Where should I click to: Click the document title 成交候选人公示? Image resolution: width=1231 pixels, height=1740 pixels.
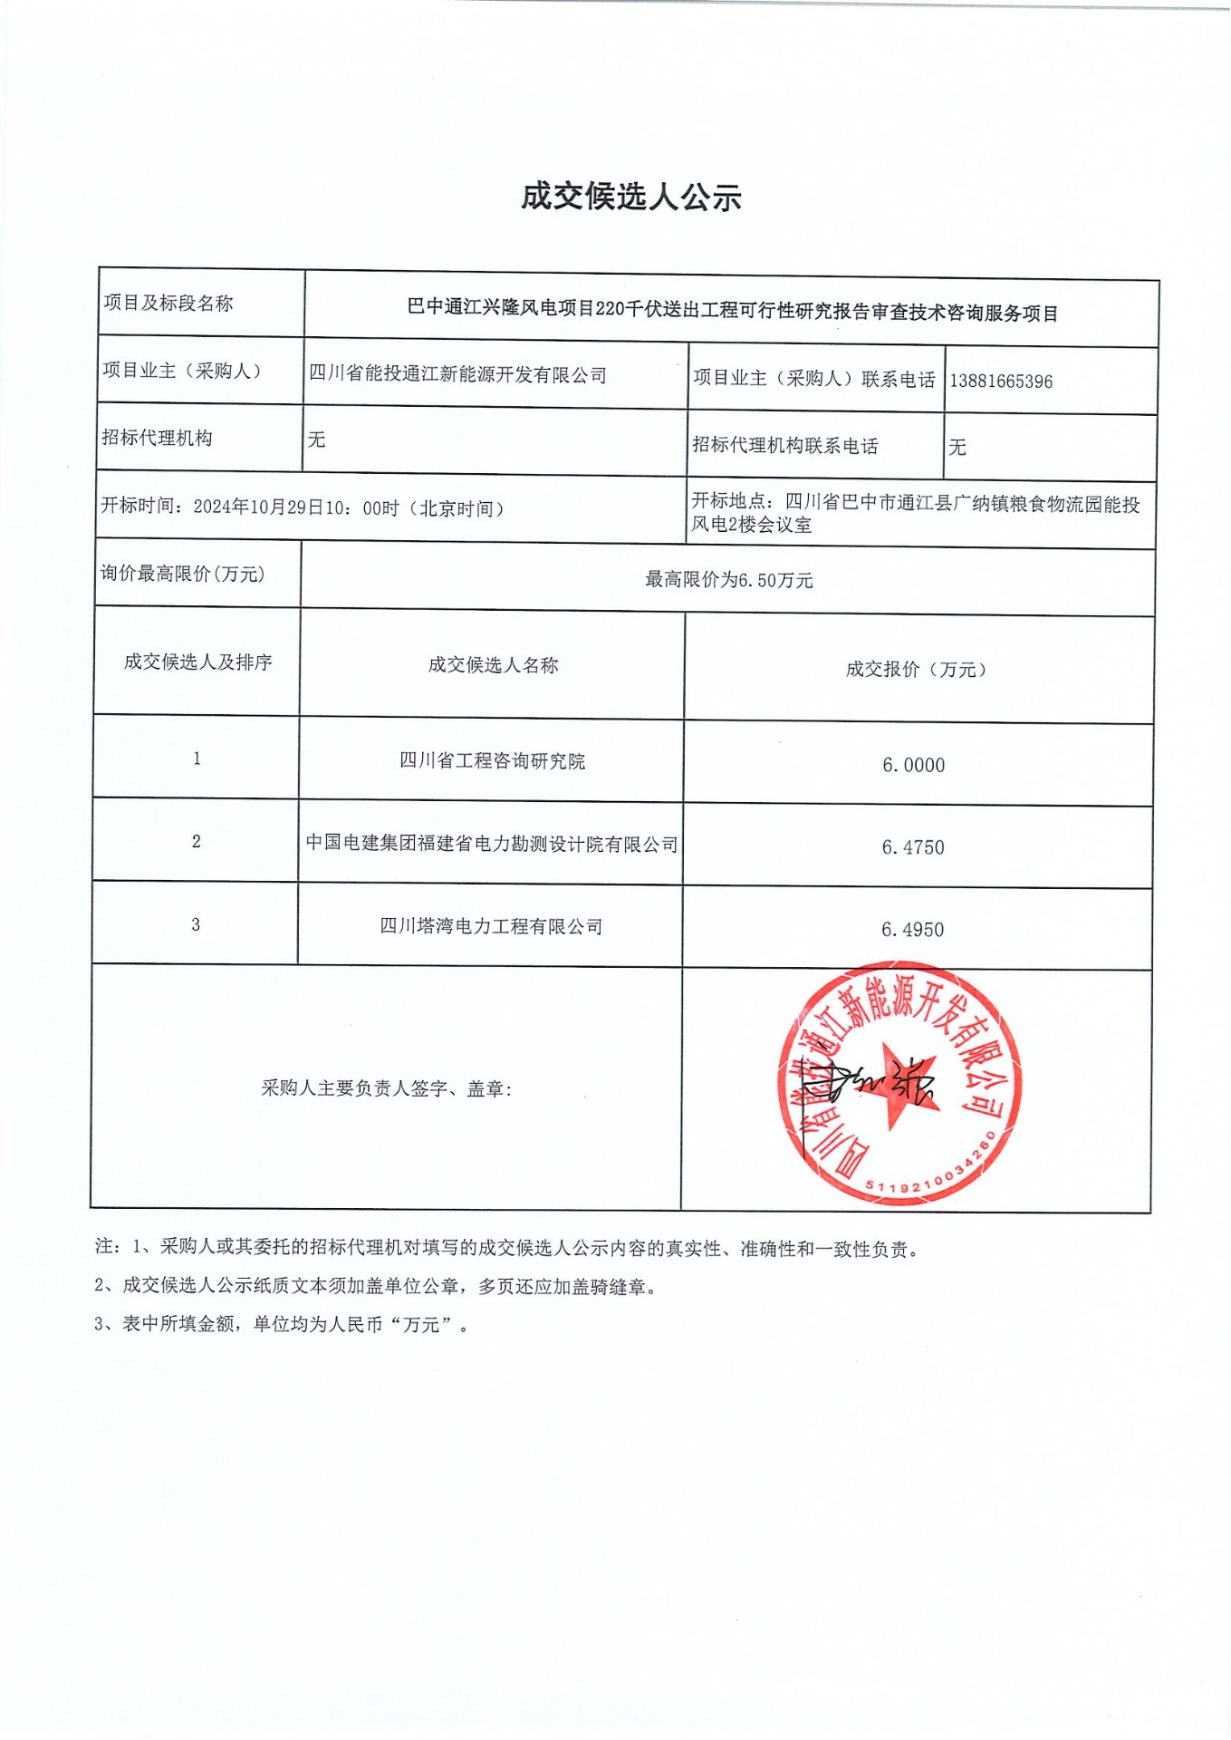[x=630, y=197]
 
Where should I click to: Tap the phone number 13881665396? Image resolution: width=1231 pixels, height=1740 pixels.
[x=1001, y=382]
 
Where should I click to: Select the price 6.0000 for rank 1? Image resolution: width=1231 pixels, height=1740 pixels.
[x=913, y=766]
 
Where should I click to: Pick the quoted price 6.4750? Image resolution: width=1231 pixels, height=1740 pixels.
[x=913, y=848]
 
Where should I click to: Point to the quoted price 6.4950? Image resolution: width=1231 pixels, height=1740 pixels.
[x=912, y=930]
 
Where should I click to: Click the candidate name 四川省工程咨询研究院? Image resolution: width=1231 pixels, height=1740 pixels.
[x=492, y=761]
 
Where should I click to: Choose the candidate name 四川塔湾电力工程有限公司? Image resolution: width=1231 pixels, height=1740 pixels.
[x=491, y=927]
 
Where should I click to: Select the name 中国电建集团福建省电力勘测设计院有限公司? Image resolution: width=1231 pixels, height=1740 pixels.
[x=491, y=845]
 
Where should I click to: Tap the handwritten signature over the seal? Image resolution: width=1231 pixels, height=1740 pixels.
[x=874, y=1083]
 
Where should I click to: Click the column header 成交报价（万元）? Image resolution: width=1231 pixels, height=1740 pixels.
[x=916, y=670]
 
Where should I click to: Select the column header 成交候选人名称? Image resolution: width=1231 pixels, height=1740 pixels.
[x=493, y=665]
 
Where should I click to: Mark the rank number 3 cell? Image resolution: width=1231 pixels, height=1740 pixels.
[x=196, y=924]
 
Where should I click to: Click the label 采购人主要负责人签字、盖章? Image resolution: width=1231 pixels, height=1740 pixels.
[x=387, y=1088]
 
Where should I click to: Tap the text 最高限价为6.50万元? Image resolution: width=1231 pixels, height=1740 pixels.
[x=728, y=580]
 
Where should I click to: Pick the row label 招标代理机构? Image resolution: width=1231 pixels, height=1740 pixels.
[x=158, y=438]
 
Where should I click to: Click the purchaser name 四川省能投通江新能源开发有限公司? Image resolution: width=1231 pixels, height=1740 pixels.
[x=457, y=374]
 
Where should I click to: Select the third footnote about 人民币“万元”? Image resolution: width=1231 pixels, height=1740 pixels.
[x=282, y=1324]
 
